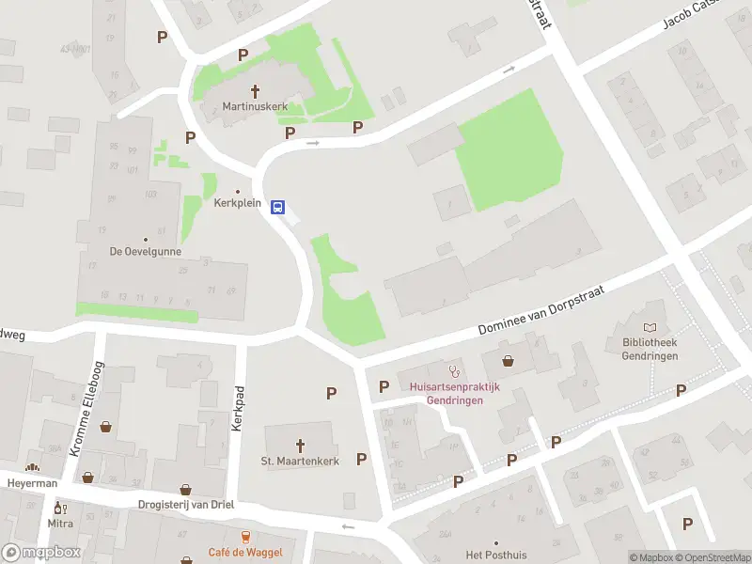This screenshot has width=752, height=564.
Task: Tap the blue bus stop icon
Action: coord(278,207)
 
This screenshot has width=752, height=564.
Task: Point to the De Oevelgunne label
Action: coord(145,252)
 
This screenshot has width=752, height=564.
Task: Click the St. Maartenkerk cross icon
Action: coord(301,445)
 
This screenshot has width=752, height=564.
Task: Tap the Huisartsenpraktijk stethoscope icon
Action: coord(455,370)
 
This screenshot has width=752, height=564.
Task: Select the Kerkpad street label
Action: coord(239,408)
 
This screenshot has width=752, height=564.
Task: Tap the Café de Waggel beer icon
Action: coord(245,537)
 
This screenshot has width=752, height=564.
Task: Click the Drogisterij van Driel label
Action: coord(185,505)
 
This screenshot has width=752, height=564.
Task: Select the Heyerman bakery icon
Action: coord(33,467)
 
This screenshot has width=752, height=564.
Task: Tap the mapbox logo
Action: coord(41,552)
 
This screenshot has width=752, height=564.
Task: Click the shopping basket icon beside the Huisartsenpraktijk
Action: coord(509,359)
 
